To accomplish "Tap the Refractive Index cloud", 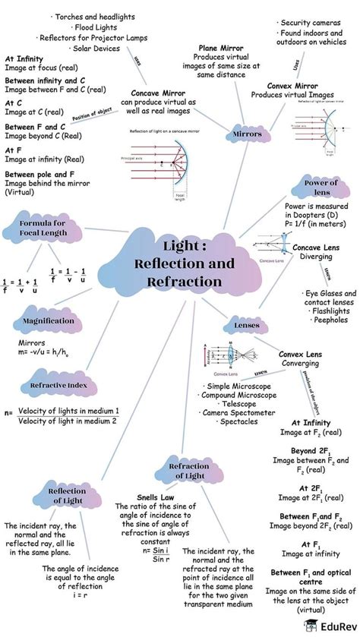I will pos(53,386).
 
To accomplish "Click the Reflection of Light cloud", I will pos(67,496).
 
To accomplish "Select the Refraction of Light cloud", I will pos(185,471).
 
